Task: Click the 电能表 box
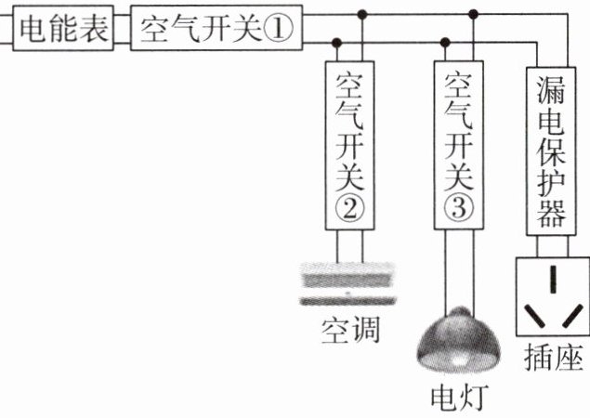tap(62, 30)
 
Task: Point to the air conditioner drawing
tap(348, 282)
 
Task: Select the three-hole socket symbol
tap(552, 297)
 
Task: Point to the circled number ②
tap(348, 209)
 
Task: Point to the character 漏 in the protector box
tap(551, 89)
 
